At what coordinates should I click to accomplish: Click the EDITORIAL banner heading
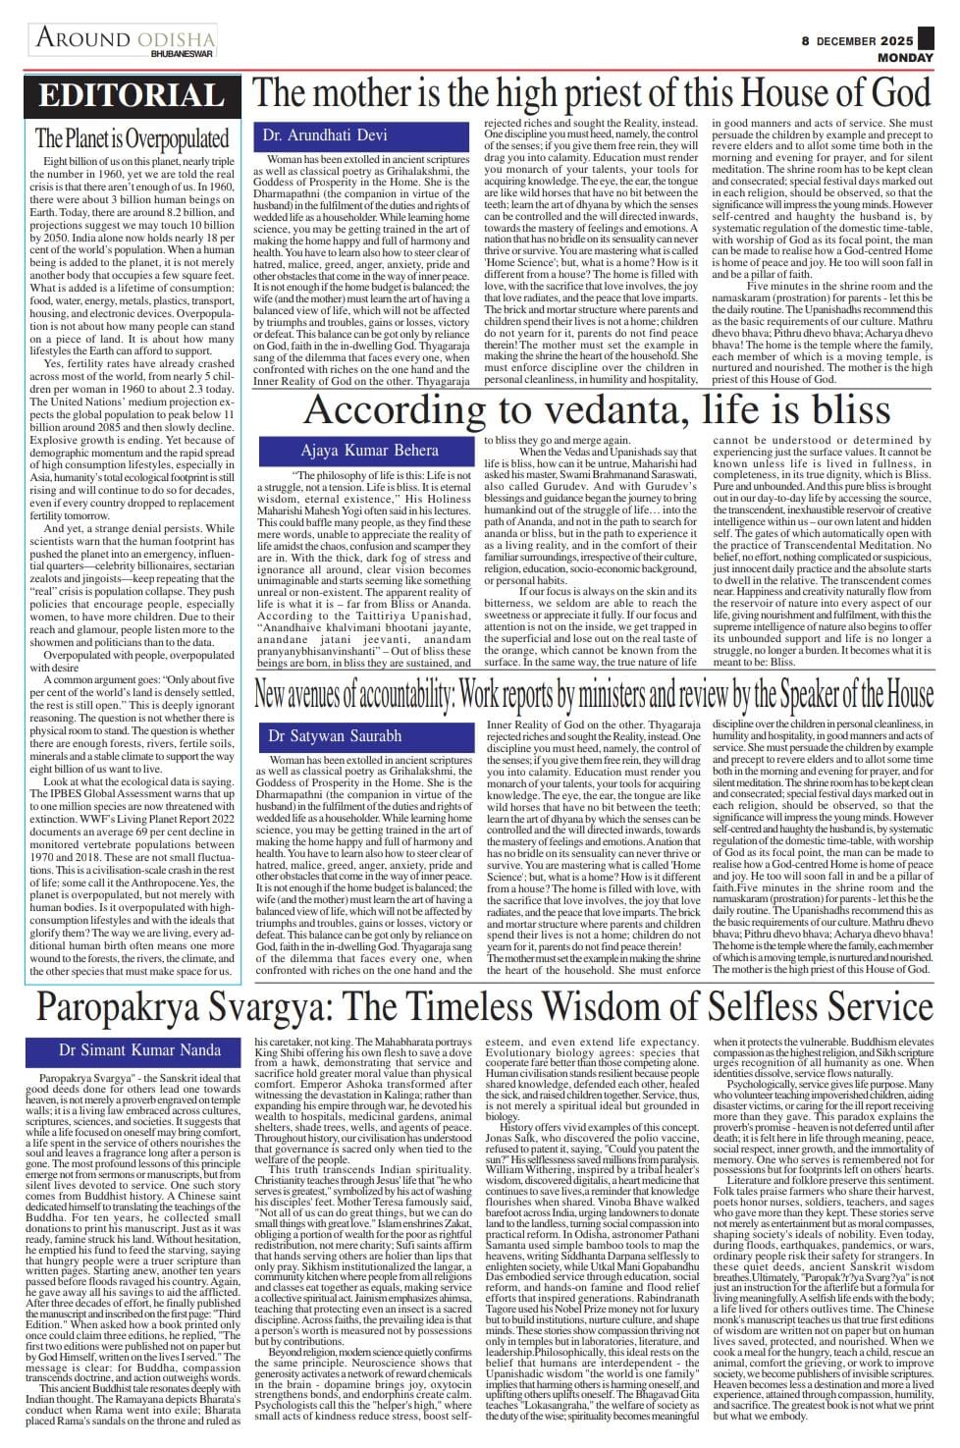[132, 95]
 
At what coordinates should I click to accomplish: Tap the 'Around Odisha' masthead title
[125, 38]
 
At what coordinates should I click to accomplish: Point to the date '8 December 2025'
[857, 41]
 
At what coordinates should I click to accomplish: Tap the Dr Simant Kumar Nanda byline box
[132, 1049]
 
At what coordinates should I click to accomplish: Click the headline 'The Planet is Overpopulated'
[132, 138]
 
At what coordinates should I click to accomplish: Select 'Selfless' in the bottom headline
[734, 1008]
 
